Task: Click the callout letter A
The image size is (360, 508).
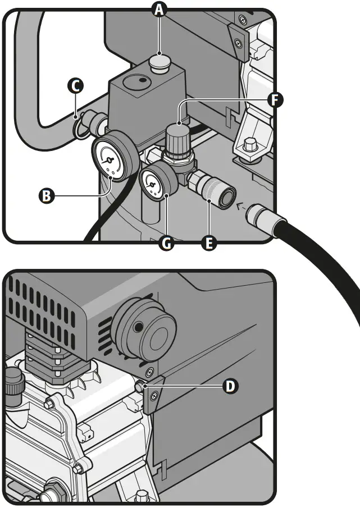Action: [161, 10]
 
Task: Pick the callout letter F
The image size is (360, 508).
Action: [275, 100]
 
